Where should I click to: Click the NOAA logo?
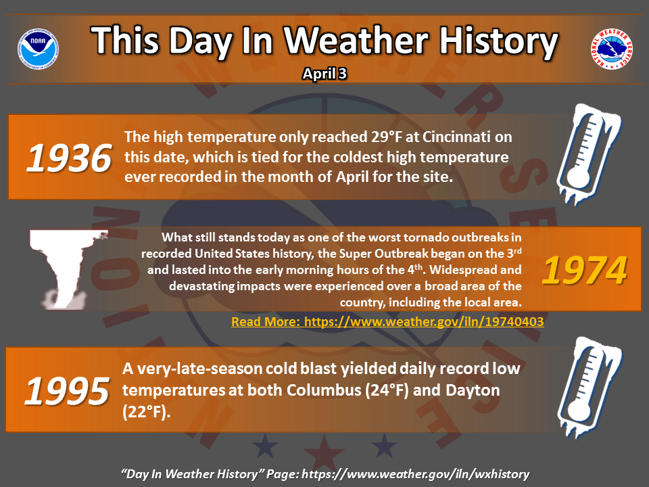[38, 49]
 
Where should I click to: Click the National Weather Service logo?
[611, 49]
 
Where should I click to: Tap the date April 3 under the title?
[324, 74]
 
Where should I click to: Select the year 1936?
[69, 158]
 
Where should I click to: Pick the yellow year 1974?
[584, 271]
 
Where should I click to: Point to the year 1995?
[67, 391]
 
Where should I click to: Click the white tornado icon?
[66, 269]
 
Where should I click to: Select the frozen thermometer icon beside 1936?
[589, 154]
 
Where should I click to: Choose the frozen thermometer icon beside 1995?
[589, 387]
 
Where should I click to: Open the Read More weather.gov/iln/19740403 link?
[387, 321]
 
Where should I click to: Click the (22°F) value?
[146, 412]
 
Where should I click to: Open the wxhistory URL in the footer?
[416, 473]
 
